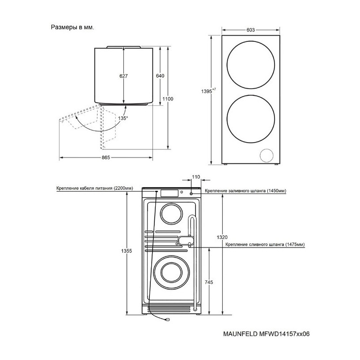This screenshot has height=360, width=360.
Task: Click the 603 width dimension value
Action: tap(251, 30)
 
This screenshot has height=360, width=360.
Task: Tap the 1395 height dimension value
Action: tap(208, 91)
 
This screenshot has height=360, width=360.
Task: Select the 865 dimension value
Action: tap(106, 157)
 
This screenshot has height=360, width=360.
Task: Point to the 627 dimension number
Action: tap(123, 76)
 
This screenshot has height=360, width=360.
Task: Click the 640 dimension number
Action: tap(160, 76)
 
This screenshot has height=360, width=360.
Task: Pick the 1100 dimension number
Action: tap(168, 99)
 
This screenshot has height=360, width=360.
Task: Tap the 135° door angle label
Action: tap(123, 118)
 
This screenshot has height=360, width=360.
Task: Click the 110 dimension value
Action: tap(196, 177)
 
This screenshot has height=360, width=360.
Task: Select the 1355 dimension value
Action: tap(126, 251)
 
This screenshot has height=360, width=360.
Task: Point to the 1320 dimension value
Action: tap(222, 238)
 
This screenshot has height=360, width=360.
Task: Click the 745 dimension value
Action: tap(209, 282)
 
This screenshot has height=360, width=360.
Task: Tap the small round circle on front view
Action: tap(266, 155)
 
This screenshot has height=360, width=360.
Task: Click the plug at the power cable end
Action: tap(168, 319)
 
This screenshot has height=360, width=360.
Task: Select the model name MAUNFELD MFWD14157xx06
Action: tap(266, 334)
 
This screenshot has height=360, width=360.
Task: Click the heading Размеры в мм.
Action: tap(72, 27)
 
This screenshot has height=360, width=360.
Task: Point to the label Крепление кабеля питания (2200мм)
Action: tap(95, 188)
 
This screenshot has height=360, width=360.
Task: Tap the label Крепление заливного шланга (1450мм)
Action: tap(245, 191)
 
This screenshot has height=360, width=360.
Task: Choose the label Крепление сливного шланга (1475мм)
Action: tap(265, 244)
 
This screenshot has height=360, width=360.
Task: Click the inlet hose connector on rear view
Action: tap(191, 194)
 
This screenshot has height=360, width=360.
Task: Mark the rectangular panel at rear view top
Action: tap(170, 193)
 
